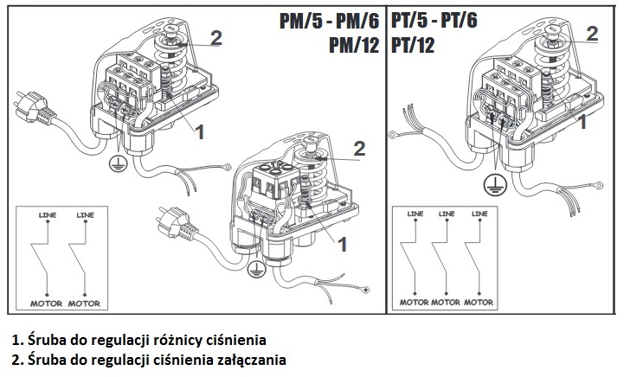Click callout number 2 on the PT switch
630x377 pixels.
click(593, 34)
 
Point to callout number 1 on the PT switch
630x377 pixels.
click(582, 122)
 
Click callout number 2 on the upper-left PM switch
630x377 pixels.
click(216, 38)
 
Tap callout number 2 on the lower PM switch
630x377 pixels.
click(359, 150)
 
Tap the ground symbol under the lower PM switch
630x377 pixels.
click(254, 272)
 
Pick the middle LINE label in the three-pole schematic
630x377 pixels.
click(446, 213)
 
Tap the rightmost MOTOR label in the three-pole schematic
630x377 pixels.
click(479, 303)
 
